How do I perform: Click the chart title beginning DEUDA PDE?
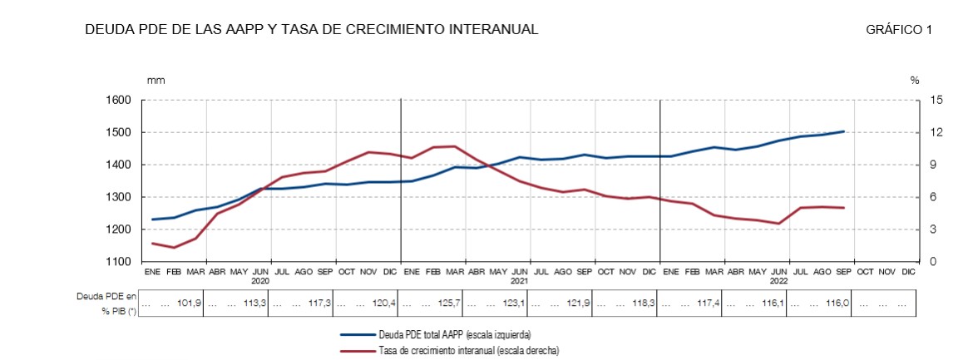311,30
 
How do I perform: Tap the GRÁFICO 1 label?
898,30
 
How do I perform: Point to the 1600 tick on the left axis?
120,101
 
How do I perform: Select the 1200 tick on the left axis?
120,229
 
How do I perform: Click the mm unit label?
156,81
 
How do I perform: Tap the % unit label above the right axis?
914,81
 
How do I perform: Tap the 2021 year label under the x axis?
520,281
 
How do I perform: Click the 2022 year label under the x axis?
779,281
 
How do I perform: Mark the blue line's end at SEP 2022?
843,131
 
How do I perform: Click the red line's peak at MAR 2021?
454,146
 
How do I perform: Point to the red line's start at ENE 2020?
153,243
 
